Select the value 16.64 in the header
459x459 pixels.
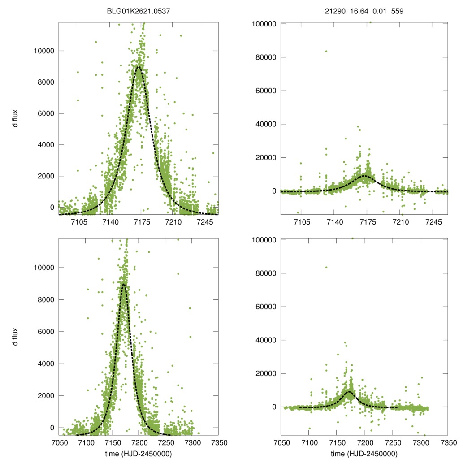coord(359,11)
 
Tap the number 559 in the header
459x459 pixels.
coord(398,11)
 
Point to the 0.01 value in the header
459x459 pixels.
coord(379,11)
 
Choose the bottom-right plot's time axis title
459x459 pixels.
coord(364,453)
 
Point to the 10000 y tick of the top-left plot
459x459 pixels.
coord(44,51)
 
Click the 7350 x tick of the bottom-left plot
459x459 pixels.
coord(218,443)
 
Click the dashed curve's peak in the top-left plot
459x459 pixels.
coord(139,67)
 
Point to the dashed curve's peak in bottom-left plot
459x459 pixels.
coord(123,284)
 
